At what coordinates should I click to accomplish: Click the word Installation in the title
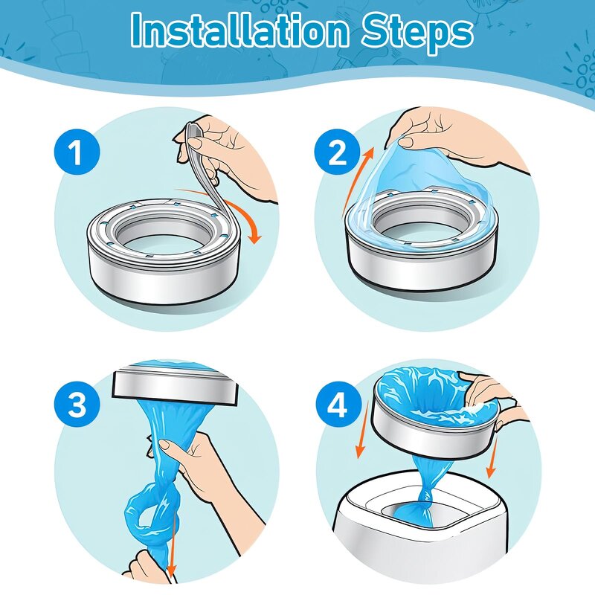pyautogui.click(x=239, y=30)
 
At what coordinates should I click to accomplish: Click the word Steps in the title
pyautogui.click(x=417, y=33)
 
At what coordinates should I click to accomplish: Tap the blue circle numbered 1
pyautogui.click(x=77, y=152)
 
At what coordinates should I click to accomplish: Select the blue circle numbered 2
pyautogui.click(x=338, y=152)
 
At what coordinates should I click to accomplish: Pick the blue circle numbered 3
pyautogui.click(x=77, y=405)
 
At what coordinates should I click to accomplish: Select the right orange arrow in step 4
pyautogui.click(x=493, y=455)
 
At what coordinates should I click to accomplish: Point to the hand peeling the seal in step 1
pyautogui.click(x=228, y=152)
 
